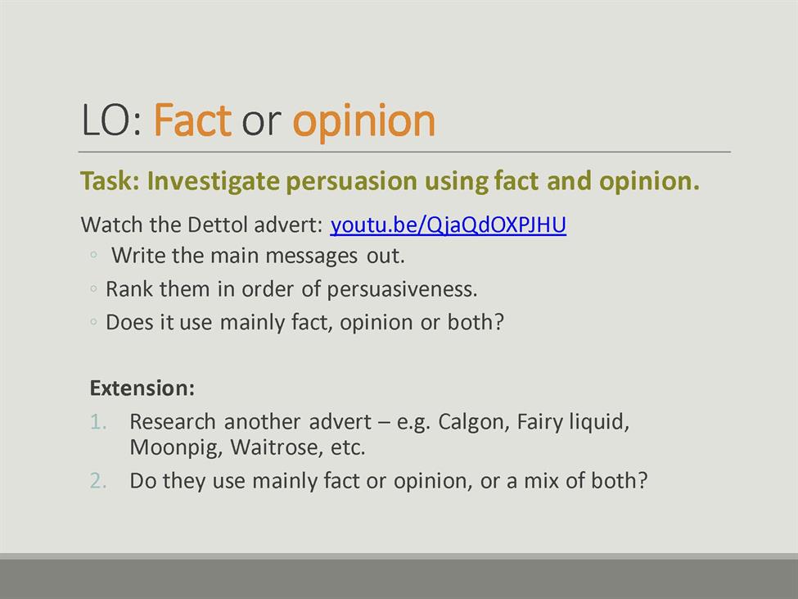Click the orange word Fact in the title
pos(192,120)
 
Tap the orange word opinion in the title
pos(364,122)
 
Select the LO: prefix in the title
pos(111,120)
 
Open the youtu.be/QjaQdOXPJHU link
pos(448,225)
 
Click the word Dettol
pos(218,225)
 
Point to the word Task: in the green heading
pos(110,181)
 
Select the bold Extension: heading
pos(142,388)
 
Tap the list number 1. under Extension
pos(98,422)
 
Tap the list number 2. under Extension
pos(98,481)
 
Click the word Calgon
pos(474,422)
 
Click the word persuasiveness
pos(402,289)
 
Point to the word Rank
pos(128,289)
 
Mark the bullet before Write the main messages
pos(93,255)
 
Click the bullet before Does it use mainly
pos(93,322)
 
